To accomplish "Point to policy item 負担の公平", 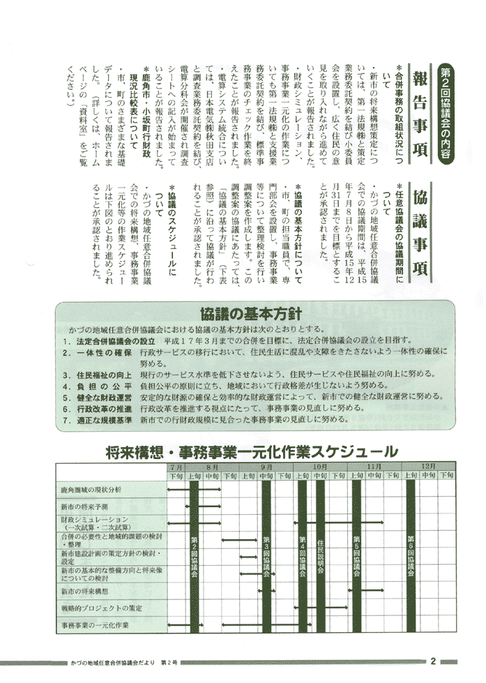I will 105,385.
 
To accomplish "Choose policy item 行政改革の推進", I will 105,408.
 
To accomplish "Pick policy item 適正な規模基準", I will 105,420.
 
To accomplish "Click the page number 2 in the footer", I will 433,661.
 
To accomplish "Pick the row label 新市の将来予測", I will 84,506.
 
